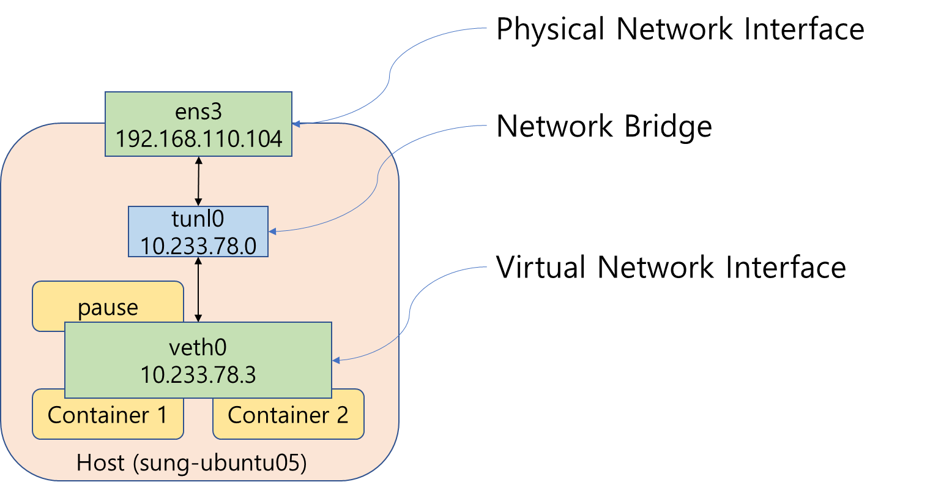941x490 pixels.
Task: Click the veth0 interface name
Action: click(x=198, y=347)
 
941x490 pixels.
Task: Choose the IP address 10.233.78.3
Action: click(x=198, y=374)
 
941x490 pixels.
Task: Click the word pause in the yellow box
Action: click(x=108, y=307)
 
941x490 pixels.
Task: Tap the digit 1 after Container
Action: click(x=162, y=415)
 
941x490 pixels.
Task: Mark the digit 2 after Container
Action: click(x=342, y=415)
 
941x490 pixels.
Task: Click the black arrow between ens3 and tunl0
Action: click(x=198, y=181)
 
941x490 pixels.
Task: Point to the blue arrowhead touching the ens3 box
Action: click(x=296, y=124)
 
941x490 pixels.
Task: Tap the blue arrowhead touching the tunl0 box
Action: click(x=272, y=232)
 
